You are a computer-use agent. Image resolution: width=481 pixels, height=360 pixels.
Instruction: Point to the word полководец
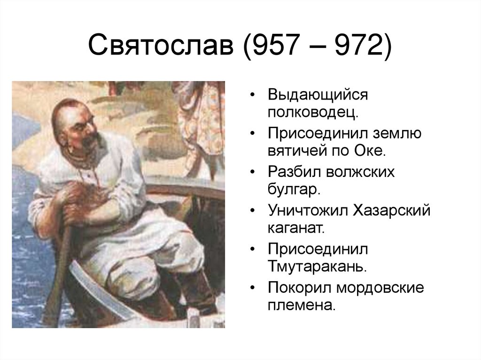[x=313, y=113]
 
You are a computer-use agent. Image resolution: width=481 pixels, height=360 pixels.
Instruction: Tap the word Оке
[x=371, y=152]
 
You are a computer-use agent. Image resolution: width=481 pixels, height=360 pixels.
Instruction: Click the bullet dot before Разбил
[x=253, y=172]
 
